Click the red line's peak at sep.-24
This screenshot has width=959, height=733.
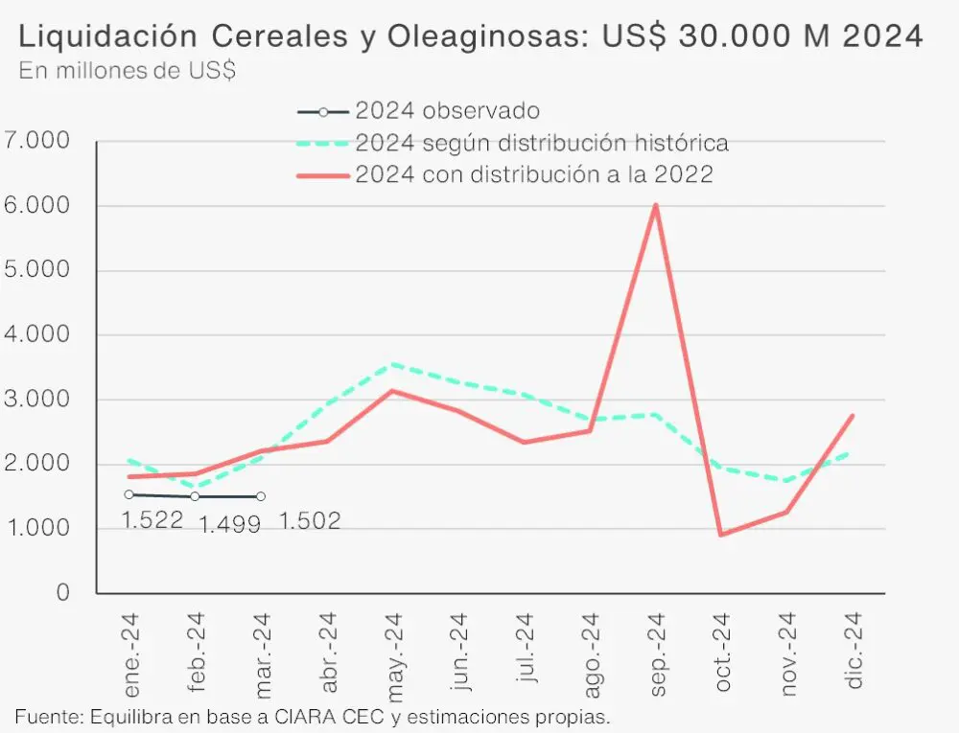point(655,205)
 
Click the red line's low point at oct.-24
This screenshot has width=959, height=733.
point(721,535)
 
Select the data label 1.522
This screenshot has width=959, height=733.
point(152,521)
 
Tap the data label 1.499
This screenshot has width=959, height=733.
point(229,524)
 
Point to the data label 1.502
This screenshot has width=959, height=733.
point(310,521)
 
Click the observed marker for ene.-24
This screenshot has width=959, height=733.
point(129,494)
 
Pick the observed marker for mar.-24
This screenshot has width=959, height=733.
point(261,496)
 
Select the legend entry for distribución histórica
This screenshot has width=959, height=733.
point(541,143)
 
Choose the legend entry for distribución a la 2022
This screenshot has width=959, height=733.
point(533,174)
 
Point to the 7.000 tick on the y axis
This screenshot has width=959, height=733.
point(36,141)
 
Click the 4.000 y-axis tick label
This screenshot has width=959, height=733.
point(36,335)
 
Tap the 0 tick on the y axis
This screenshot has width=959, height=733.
point(62,593)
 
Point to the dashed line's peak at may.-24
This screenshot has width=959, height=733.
point(392,364)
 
